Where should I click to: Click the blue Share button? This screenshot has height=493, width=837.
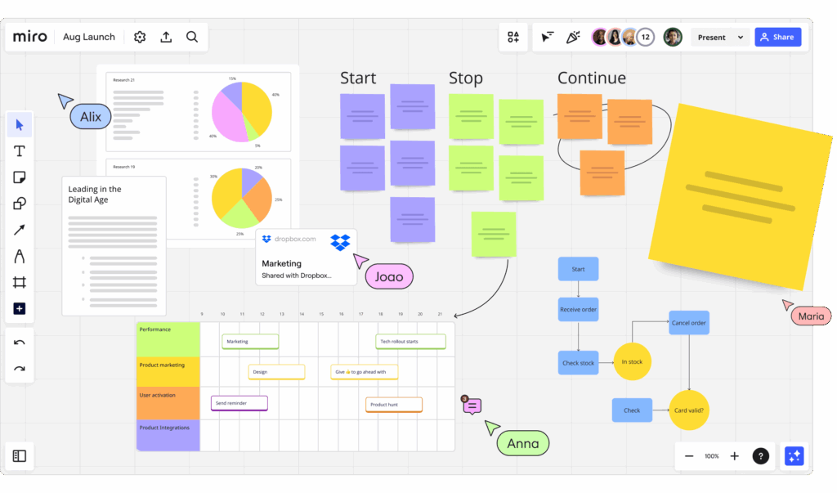pyautogui.click(x=777, y=37)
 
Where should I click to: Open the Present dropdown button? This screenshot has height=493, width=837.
pyautogui.click(x=719, y=37)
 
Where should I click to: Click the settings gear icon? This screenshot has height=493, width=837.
pyautogui.click(x=140, y=37)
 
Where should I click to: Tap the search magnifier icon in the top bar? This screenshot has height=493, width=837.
pyautogui.click(x=192, y=37)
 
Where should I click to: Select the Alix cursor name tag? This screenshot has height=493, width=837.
pyautogui.click(x=91, y=117)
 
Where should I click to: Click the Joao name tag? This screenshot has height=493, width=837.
pyautogui.click(x=389, y=277)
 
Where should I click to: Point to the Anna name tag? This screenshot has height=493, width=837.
pyautogui.click(x=523, y=443)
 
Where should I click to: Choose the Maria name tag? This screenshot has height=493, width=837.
pyautogui.click(x=811, y=316)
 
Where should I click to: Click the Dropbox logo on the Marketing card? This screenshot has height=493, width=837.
pyautogui.click(x=340, y=242)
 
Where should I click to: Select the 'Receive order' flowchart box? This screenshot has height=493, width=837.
pyautogui.click(x=578, y=309)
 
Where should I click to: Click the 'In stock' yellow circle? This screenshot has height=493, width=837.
pyautogui.click(x=632, y=361)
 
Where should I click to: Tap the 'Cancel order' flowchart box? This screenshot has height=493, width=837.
pyautogui.click(x=689, y=322)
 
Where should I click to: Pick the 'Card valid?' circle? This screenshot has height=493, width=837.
pyautogui.click(x=689, y=410)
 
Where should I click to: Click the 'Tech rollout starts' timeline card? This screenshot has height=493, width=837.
pyautogui.click(x=411, y=342)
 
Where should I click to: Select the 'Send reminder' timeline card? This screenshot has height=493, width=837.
pyautogui.click(x=239, y=403)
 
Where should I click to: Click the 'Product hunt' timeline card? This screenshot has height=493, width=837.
pyautogui.click(x=394, y=404)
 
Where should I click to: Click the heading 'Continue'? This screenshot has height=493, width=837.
pyautogui.click(x=591, y=78)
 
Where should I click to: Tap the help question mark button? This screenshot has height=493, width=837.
pyautogui.click(x=760, y=456)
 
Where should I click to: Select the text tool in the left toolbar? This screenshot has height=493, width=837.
pyautogui.click(x=20, y=151)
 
